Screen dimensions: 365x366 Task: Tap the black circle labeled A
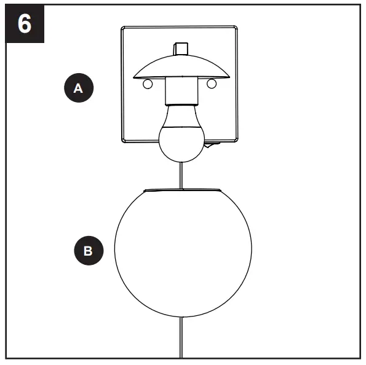click(78, 88)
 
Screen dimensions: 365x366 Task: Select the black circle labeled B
click(88, 251)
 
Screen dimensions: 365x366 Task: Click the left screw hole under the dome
click(147, 84)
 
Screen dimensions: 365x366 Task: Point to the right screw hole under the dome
click(212, 83)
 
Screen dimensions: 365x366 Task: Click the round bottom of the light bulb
click(180, 141)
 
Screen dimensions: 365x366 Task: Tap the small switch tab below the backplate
click(213, 146)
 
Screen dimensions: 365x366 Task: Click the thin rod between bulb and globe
click(180, 173)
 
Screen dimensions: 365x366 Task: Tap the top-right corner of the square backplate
click(236, 28)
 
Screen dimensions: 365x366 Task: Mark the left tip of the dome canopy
click(133, 77)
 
